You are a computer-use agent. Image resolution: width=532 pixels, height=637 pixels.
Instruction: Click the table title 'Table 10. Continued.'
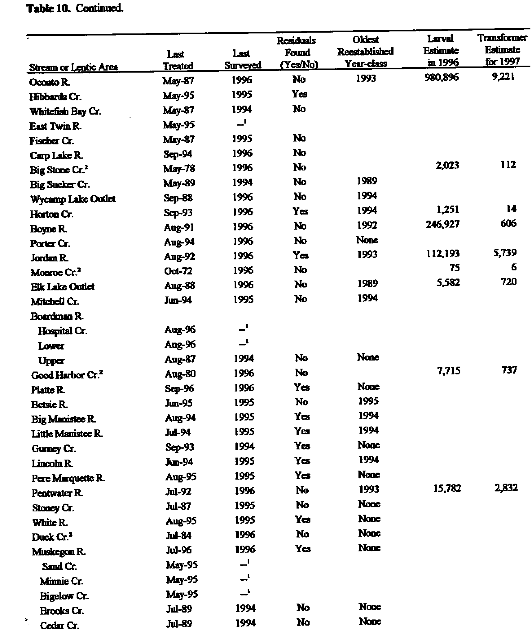(x=75, y=8)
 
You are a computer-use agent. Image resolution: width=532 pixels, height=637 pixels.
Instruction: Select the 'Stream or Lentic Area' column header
(x=73, y=67)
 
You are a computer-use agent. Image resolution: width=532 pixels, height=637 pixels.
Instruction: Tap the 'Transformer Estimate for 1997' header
(x=502, y=50)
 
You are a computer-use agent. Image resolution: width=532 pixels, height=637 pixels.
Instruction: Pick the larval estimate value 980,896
(x=441, y=77)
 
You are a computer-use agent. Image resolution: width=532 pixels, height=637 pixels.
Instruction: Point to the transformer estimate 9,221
(x=503, y=76)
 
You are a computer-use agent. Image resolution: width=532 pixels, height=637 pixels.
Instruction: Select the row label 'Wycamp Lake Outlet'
(x=73, y=199)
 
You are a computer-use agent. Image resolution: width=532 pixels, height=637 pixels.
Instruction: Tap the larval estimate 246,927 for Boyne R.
(x=442, y=224)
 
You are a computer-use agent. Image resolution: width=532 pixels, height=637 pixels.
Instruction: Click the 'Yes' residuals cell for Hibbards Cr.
(x=299, y=94)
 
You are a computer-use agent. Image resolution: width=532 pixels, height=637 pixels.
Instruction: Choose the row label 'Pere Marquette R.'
(x=68, y=478)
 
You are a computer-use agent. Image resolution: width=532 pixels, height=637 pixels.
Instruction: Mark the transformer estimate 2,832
(x=506, y=487)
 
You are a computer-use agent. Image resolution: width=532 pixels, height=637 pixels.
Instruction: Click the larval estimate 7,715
(x=448, y=370)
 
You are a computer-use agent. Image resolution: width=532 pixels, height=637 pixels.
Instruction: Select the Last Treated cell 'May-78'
(x=179, y=168)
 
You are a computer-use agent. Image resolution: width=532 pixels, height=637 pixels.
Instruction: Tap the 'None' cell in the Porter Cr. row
(x=367, y=240)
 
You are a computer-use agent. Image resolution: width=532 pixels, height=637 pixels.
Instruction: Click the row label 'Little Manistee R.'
(x=67, y=434)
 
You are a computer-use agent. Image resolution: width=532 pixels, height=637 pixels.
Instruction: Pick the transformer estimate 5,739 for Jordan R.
(x=504, y=252)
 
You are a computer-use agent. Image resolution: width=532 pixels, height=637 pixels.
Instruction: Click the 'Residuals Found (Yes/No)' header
(x=297, y=52)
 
